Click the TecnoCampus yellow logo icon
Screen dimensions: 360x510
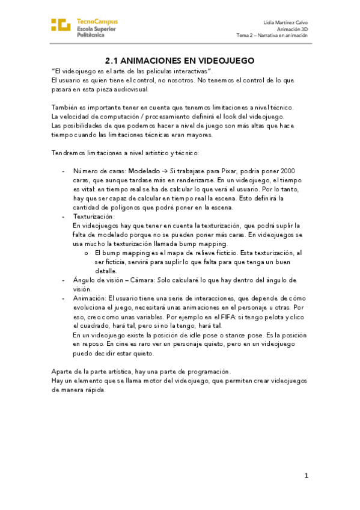[x=61, y=25]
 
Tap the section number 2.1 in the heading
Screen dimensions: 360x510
[x=112, y=61]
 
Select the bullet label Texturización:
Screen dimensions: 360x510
[x=93, y=215]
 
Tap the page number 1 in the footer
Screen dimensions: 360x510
[x=306, y=476]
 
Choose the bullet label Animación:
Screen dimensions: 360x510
[x=90, y=298]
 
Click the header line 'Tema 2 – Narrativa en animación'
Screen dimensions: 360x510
[x=272, y=35]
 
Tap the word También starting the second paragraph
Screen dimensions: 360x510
[x=64, y=107]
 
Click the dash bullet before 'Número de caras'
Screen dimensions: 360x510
[x=64, y=171]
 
